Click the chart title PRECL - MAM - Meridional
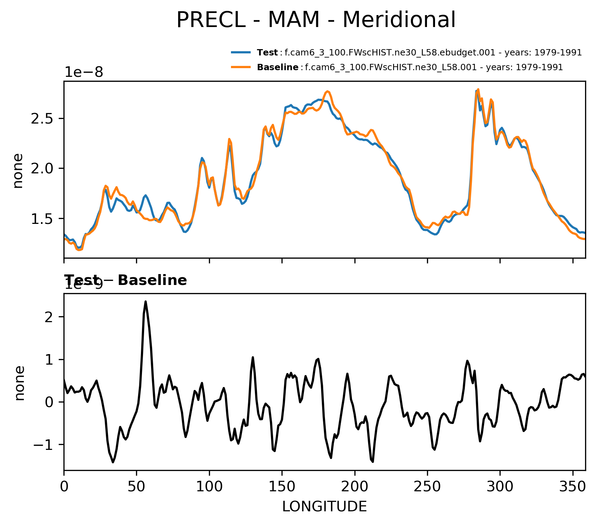tap(316, 20)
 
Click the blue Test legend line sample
tap(240, 53)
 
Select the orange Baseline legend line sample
tap(240, 67)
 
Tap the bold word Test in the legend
tap(267, 53)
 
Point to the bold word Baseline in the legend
tap(278, 67)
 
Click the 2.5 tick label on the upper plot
tap(42, 119)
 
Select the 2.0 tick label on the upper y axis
tap(42, 169)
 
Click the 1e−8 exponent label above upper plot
tap(83, 72)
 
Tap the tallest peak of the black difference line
tap(145, 301)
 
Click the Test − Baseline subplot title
tap(126, 280)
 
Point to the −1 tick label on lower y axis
tap(44, 445)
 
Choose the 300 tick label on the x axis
tap(500, 487)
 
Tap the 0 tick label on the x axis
tap(64, 487)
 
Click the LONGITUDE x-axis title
tap(324, 507)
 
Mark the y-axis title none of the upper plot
tap(18, 171)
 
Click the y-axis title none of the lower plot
tap(20, 383)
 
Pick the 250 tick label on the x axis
tap(427, 487)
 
